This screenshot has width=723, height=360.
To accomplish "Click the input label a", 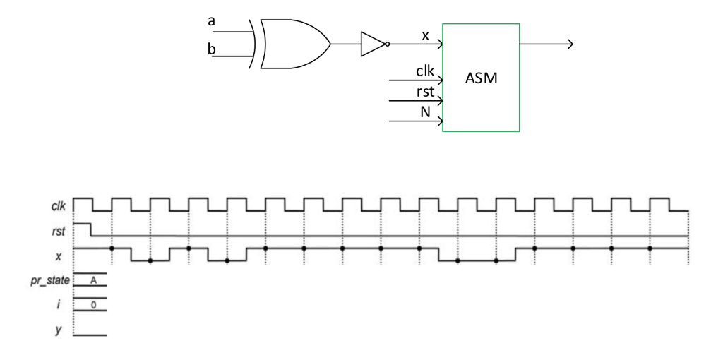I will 211,21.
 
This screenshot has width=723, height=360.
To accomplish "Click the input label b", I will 211,49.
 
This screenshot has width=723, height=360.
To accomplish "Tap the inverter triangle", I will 372,44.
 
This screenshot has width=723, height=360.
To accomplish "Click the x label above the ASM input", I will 425,35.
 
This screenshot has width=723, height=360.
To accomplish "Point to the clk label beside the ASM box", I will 425,71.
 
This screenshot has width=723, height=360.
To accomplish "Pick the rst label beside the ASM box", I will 425,91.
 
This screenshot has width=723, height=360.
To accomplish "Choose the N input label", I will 425,111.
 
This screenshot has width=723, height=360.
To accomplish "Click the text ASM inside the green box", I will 481,78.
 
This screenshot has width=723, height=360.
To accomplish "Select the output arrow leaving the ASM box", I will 546,44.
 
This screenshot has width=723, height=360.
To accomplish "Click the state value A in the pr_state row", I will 92,280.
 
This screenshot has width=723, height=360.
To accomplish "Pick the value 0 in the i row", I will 92,305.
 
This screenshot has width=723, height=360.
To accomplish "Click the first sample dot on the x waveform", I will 112,248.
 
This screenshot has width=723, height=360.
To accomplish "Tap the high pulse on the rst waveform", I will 83,227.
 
